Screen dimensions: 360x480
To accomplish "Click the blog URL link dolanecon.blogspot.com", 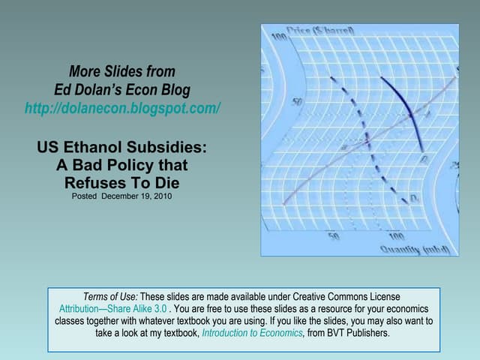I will click(x=122, y=108).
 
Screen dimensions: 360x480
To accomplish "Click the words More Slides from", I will click(x=122, y=72).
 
